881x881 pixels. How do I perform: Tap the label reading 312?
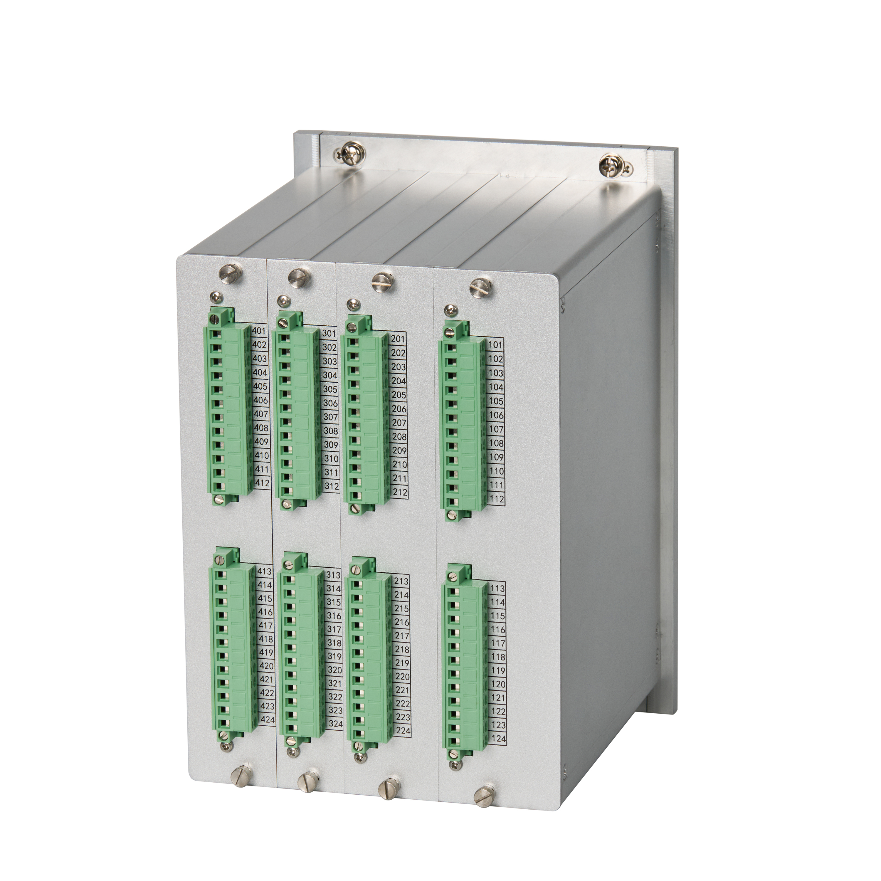(x=332, y=487)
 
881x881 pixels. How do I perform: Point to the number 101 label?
(x=496, y=345)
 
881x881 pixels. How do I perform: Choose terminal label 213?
(x=401, y=582)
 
